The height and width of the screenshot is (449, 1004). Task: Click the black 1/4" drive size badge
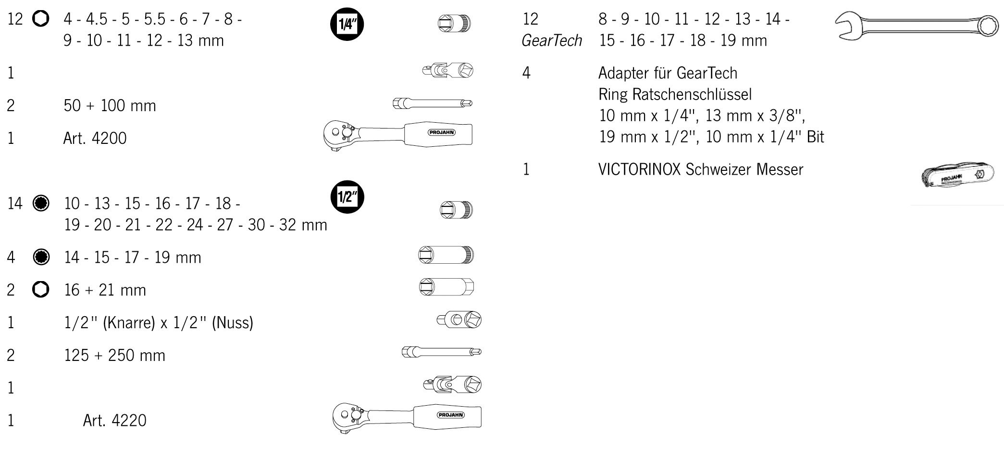(x=347, y=24)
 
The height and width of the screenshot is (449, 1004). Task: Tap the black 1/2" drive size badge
(x=347, y=197)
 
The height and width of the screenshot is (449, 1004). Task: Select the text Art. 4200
(x=95, y=138)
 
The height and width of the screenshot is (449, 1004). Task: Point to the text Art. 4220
(x=114, y=420)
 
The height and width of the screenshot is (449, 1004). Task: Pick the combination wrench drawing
(x=916, y=26)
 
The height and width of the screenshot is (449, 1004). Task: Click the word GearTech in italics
(x=552, y=40)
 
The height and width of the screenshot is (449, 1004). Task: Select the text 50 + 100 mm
(x=110, y=105)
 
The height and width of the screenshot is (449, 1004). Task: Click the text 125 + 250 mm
(x=114, y=355)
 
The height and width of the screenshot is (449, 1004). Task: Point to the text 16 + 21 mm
(x=105, y=290)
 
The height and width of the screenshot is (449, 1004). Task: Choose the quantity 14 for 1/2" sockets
(x=15, y=204)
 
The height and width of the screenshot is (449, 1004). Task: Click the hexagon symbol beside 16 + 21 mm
(x=41, y=289)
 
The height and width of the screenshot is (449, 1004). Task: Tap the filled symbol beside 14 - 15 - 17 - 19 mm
(x=41, y=257)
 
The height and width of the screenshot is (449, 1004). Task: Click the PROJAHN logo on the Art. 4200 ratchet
(x=442, y=132)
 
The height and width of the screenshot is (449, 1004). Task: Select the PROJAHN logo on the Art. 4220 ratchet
(x=450, y=415)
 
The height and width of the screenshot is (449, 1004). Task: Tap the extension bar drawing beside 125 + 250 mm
(x=441, y=352)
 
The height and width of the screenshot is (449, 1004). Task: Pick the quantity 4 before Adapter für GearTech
(x=526, y=73)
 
